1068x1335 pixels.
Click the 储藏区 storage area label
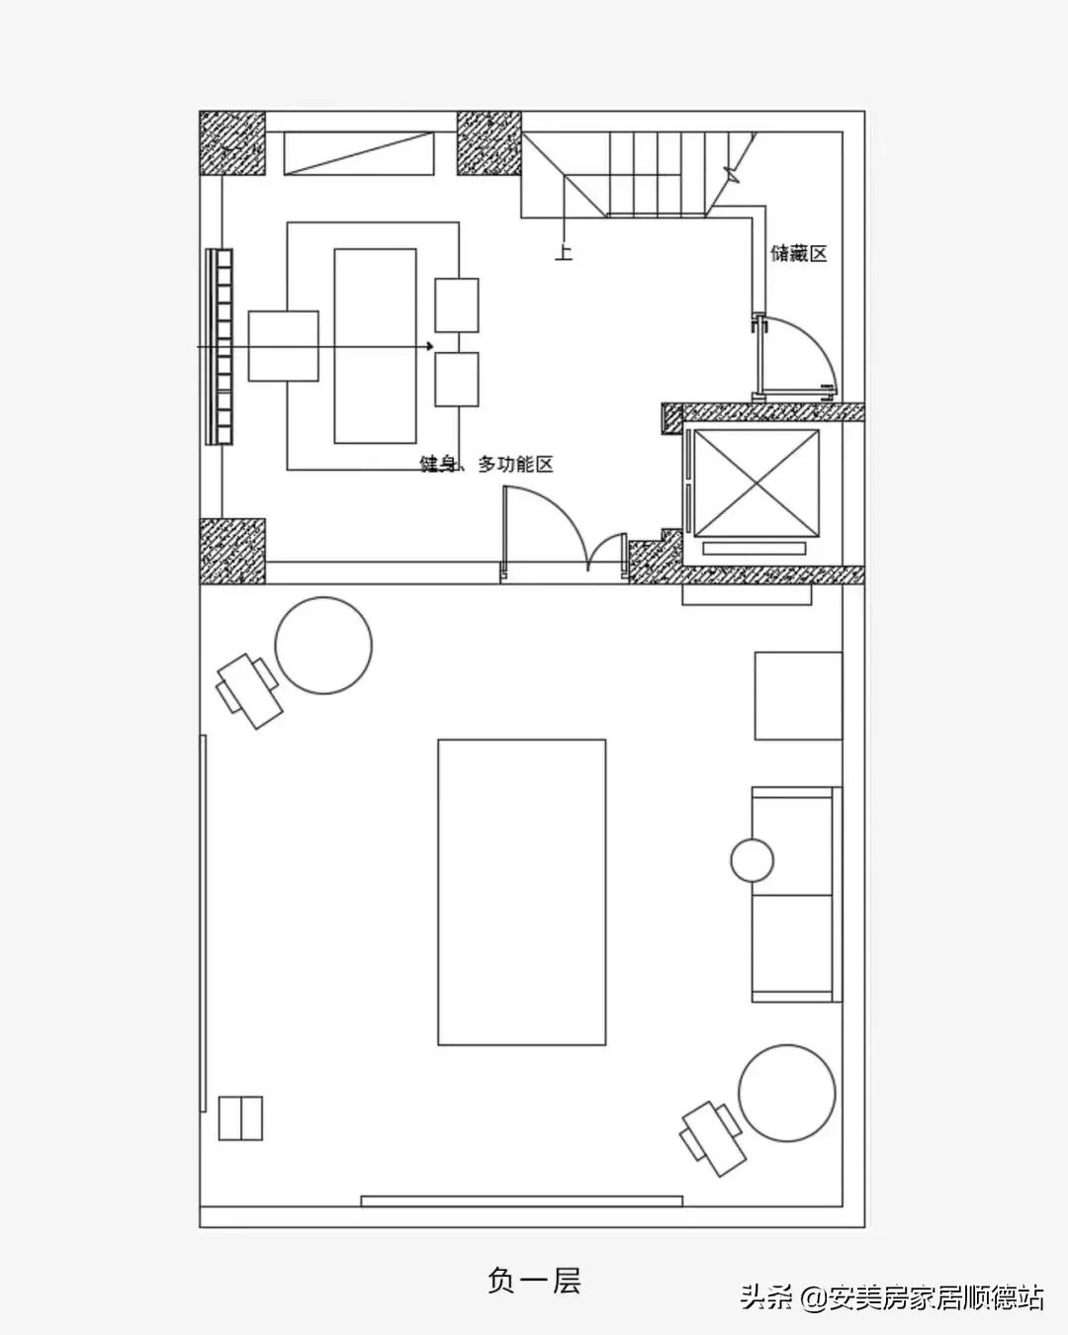pos(799,254)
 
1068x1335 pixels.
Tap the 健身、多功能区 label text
pos(487,464)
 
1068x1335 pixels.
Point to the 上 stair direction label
pos(564,252)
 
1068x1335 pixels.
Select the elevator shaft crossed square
pos(756,483)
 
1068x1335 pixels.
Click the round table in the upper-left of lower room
pos(323,645)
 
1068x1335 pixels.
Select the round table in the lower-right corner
pos(787,1093)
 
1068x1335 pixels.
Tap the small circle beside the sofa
pos(753,860)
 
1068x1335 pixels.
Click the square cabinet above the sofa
pos(799,695)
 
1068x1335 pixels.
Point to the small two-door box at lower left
pos(240,1118)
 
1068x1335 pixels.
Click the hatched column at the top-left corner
pos(232,143)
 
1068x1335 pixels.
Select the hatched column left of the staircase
pos(489,143)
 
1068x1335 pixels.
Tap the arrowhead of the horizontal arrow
pos(430,347)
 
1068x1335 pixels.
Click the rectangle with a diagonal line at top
pos(359,152)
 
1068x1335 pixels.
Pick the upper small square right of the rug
pos(457,306)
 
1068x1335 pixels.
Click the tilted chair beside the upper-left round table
pos(249,691)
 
